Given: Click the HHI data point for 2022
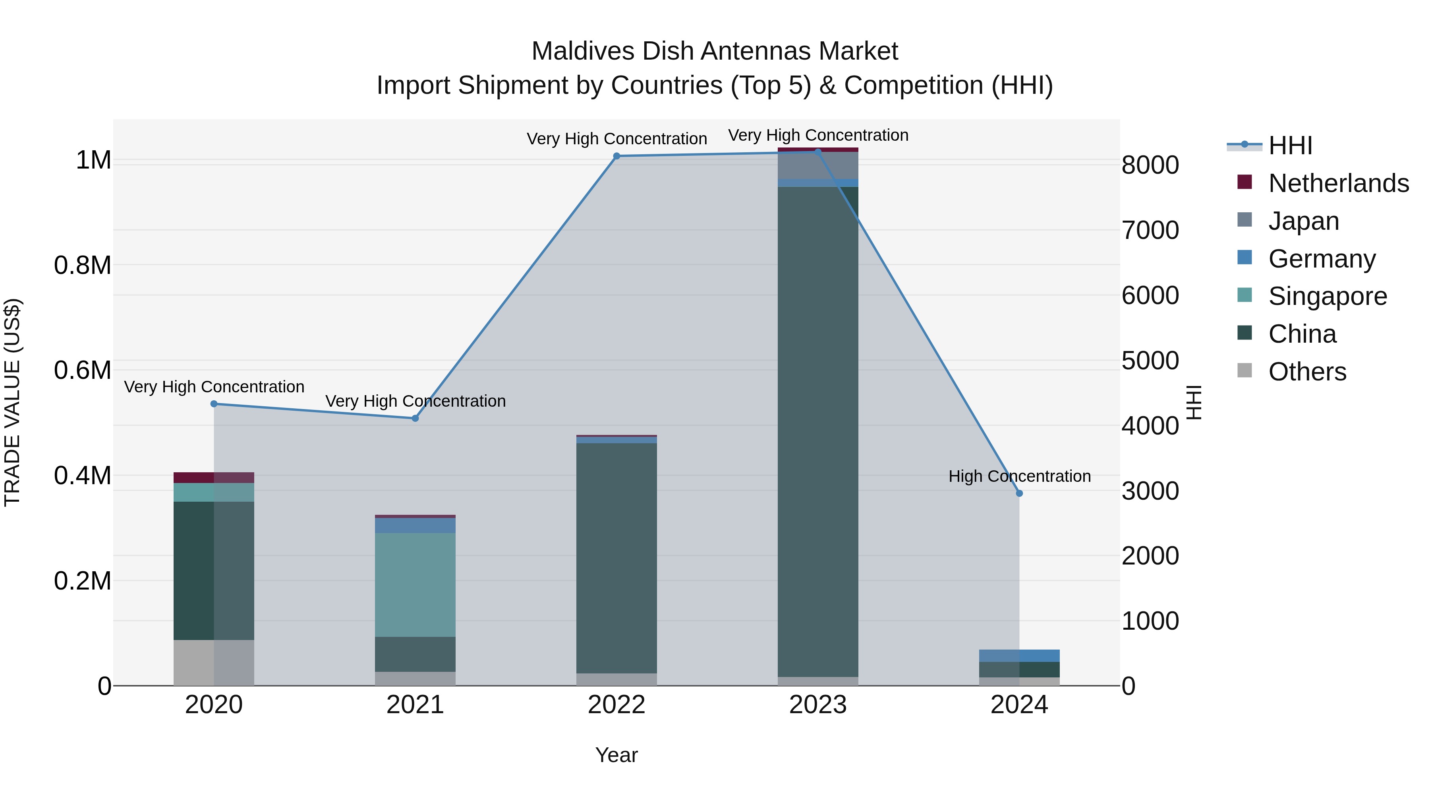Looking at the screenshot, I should coord(616,156).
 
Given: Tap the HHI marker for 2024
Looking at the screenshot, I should coord(1019,493).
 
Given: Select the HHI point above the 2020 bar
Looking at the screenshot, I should coord(214,404).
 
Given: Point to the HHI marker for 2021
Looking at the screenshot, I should coord(415,418).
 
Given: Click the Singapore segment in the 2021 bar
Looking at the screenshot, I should coord(415,584).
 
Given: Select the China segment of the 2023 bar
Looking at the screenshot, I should coord(818,432).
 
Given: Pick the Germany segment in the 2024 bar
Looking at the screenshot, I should coord(1019,656).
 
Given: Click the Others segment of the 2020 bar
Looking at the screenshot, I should coord(214,663).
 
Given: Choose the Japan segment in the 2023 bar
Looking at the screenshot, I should coord(818,165).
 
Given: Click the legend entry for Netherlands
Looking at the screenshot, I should coord(1338,183).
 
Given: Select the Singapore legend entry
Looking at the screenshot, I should coord(1327,296).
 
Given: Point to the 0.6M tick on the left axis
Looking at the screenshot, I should coord(83,370).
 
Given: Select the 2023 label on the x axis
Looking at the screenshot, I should coord(818,705).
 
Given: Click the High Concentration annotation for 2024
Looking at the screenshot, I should coord(1019,476).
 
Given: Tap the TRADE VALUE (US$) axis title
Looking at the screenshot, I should coord(13,402).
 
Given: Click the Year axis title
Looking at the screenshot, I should coord(616,755).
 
